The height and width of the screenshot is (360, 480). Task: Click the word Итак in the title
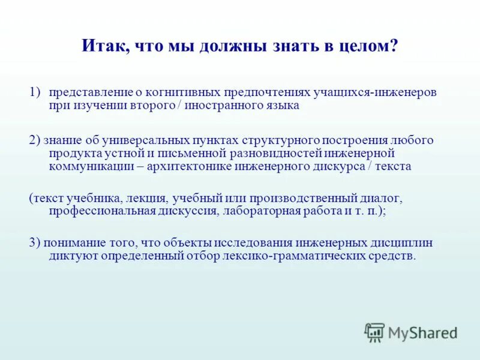103,46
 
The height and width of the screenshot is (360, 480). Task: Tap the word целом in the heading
373,46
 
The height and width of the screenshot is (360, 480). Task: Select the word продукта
72,154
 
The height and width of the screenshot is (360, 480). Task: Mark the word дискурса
337,166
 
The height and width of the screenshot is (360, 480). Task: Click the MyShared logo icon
374,332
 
